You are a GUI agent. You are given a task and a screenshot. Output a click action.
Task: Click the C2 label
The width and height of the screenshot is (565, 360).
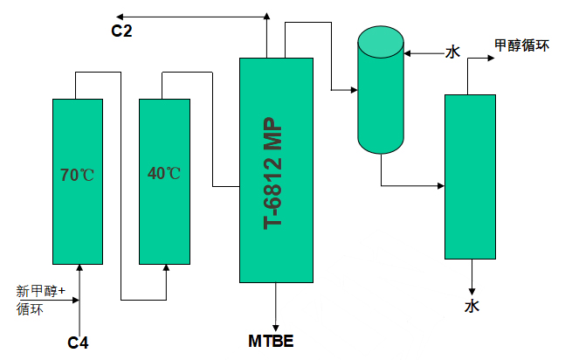[121, 31]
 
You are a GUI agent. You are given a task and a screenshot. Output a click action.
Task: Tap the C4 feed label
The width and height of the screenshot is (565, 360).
[79, 341]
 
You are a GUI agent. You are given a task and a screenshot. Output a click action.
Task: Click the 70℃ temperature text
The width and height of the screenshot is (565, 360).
[77, 174]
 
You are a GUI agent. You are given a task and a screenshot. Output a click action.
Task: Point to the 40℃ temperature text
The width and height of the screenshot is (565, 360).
[164, 173]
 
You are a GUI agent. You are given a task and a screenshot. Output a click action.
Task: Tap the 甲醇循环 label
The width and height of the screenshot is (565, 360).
[521, 45]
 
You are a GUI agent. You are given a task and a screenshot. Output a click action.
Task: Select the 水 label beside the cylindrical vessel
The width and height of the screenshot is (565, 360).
[452, 52]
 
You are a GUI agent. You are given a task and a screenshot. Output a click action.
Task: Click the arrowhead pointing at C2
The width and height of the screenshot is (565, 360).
[119, 16]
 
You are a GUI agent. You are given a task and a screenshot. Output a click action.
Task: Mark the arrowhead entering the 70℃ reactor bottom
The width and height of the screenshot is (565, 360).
[79, 267]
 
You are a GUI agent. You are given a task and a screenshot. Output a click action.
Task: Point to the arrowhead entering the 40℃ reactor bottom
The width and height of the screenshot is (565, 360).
[165, 267]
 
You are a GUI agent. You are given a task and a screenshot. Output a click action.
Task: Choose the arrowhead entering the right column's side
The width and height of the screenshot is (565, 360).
[440, 185]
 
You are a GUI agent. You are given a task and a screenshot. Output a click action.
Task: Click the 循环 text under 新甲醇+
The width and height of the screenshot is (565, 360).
[30, 308]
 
